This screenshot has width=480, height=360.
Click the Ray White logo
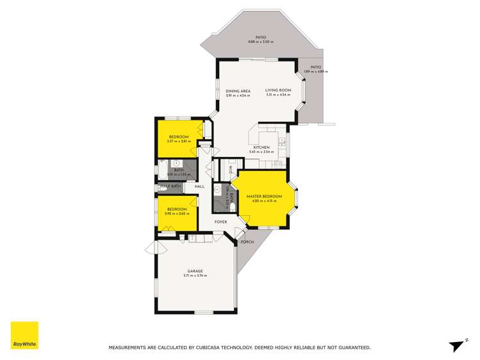(x=24, y=336)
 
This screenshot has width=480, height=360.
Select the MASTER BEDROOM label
(x=264, y=196)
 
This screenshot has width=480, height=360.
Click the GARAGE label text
(x=195, y=271)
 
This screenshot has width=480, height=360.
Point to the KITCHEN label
(x=261, y=148)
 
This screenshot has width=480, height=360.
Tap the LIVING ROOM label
(x=278, y=90)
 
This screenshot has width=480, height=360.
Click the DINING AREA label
(x=237, y=91)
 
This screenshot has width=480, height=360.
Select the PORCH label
(x=247, y=242)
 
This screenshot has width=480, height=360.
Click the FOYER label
(x=220, y=222)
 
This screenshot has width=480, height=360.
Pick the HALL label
(x=199, y=186)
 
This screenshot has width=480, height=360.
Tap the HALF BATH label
(x=170, y=186)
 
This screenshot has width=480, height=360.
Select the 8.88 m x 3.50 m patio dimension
(x=260, y=42)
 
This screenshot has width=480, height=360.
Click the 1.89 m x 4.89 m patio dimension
(x=315, y=72)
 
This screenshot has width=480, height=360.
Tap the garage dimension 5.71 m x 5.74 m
(x=195, y=275)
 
